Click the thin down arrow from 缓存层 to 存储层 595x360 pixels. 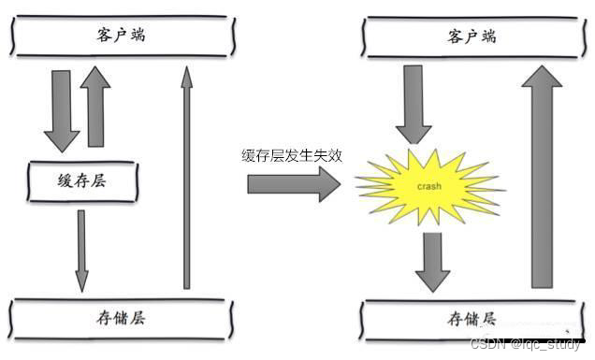click(x=81, y=248)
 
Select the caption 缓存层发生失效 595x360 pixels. click(x=291, y=156)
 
